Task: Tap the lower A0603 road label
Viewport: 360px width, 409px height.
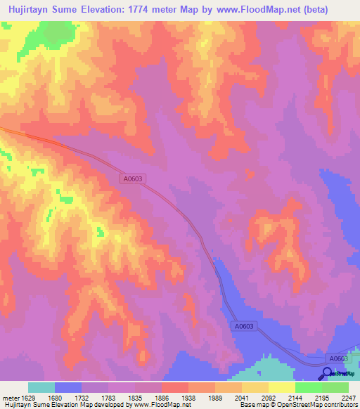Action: point(243,327)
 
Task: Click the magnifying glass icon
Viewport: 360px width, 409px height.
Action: point(327,374)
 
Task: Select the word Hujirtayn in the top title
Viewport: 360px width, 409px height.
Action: point(31,10)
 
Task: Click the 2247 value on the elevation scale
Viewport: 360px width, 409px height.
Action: point(348,398)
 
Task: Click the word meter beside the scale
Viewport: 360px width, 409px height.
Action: point(11,398)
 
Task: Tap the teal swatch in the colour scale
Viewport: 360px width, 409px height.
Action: point(41,387)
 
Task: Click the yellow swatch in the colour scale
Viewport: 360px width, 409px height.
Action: point(281,387)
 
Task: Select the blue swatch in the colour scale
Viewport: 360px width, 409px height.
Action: point(68,387)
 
